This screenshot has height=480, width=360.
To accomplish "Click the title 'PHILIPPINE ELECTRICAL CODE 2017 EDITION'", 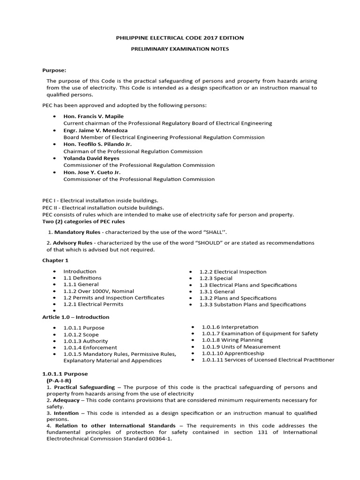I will pyautogui.click(x=180, y=37).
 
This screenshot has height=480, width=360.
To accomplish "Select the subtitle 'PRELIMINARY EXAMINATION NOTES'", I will pyautogui.click(x=180, y=49).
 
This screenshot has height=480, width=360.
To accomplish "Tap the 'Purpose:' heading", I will pyautogui.click(x=54, y=70).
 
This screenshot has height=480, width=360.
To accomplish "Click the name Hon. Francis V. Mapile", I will pyautogui.click(x=94, y=116).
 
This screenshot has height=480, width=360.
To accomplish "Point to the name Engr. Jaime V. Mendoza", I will pyautogui.click(x=95, y=130).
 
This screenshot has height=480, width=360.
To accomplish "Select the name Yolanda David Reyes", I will pyautogui.click(x=91, y=158).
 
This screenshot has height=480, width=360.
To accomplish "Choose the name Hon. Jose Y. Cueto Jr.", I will pyautogui.click(x=92, y=172).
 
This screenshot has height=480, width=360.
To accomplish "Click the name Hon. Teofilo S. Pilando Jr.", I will pyautogui.click(x=97, y=144).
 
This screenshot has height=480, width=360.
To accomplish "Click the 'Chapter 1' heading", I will pyautogui.click(x=55, y=261).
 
